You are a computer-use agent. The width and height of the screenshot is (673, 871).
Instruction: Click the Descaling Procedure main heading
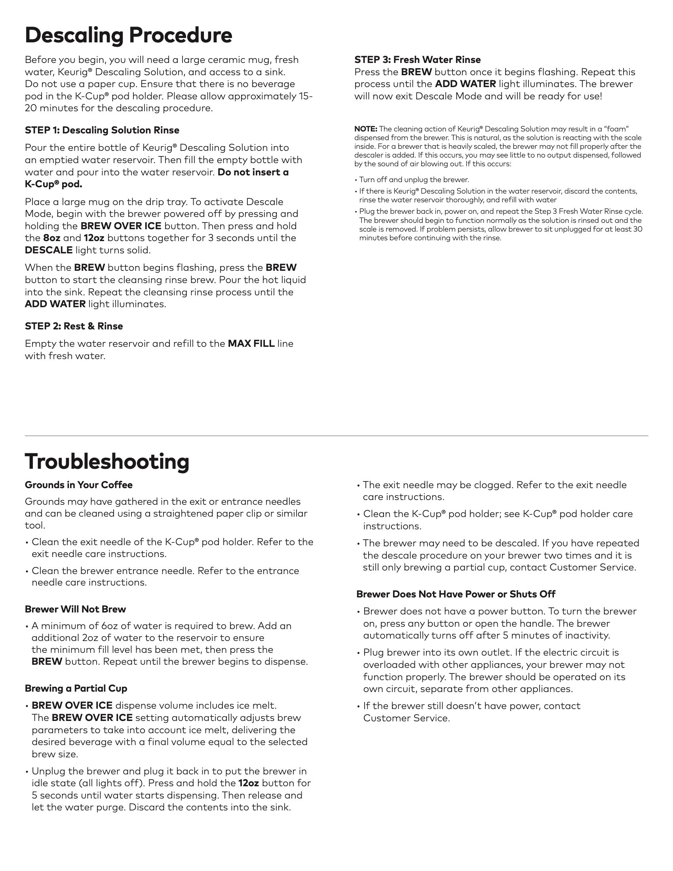pos(128,36)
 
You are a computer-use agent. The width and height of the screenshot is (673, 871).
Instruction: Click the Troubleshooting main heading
pos(107,461)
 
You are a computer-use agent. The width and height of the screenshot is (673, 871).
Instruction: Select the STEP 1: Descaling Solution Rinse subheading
pos(102,130)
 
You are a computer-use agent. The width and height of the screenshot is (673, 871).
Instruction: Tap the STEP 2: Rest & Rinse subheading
pos(74,326)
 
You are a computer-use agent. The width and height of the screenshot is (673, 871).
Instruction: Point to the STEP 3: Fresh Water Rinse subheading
pos(417,60)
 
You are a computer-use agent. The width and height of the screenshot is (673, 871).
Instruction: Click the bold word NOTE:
pos(366,129)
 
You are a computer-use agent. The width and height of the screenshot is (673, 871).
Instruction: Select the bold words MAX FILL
pos(251,344)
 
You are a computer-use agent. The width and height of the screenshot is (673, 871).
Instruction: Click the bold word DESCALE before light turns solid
pos(49,251)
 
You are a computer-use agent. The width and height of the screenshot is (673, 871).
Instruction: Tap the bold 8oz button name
pos(51,238)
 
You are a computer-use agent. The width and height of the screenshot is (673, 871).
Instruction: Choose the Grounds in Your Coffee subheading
pos(78,485)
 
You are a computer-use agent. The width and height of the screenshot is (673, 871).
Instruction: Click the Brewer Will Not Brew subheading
pos(75,609)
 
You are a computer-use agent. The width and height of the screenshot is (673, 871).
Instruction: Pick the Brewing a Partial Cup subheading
pos(76,688)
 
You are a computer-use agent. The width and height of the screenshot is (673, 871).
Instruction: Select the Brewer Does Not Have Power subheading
pos(456,594)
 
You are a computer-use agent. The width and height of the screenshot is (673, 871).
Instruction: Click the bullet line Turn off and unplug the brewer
pos(414,180)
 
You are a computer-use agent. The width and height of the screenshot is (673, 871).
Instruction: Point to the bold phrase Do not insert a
pos(253,172)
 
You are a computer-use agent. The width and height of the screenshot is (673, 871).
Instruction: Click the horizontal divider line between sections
pos(336,436)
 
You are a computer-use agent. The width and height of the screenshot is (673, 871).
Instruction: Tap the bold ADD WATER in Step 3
pos(465,84)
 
